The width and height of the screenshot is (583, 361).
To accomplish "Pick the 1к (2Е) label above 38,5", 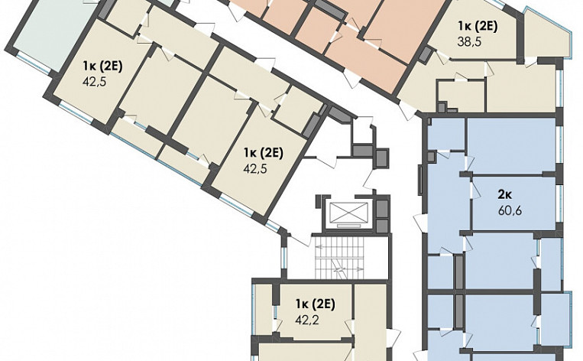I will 478,27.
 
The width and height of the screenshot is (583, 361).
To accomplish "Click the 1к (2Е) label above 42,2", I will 315,304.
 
